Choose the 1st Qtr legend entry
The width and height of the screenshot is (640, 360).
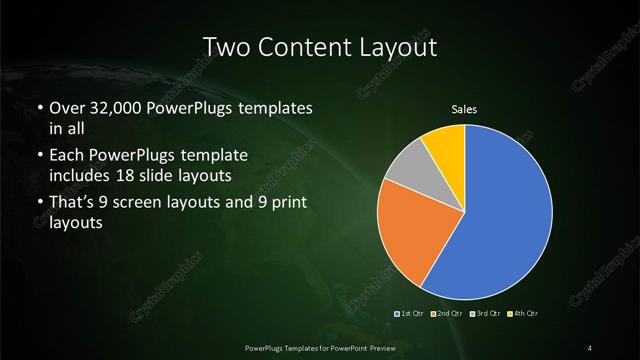point(411,314)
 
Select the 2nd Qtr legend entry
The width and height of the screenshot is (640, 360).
point(447,314)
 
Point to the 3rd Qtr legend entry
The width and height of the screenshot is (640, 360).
point(485,314)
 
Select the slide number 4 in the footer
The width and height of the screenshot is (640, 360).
point(590,347)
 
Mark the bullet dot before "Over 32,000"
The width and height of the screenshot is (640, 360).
point(38,108)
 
